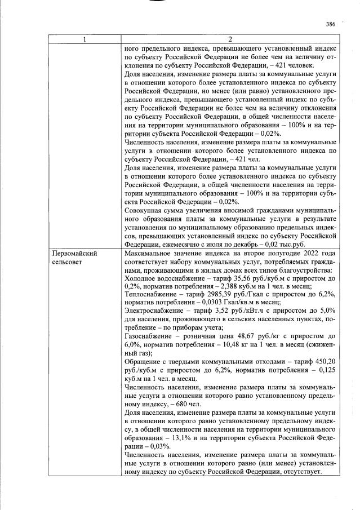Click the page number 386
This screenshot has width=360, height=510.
click(x=330, y=24)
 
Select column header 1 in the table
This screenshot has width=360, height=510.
click(x=85, y=39)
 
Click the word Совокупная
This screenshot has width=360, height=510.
click(x=145, y=212)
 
